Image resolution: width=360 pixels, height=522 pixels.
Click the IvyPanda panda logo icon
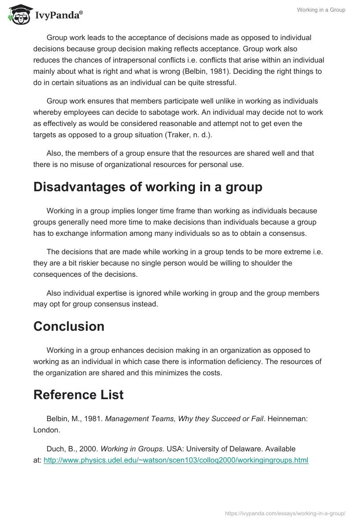tap(18, 15)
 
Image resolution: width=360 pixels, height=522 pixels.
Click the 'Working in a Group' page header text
tap(321, 10)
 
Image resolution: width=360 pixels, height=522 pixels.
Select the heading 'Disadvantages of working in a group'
tap(148, 187)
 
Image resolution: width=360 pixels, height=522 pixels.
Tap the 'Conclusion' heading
tap(69, 326)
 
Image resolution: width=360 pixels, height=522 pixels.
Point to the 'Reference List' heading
tap(78, 395)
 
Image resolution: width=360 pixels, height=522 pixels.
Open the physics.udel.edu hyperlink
tap(176, 460)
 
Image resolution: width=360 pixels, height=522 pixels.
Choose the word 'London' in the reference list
tap(46, 430)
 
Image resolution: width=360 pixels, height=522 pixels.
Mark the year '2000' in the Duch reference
tap(87, 449)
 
